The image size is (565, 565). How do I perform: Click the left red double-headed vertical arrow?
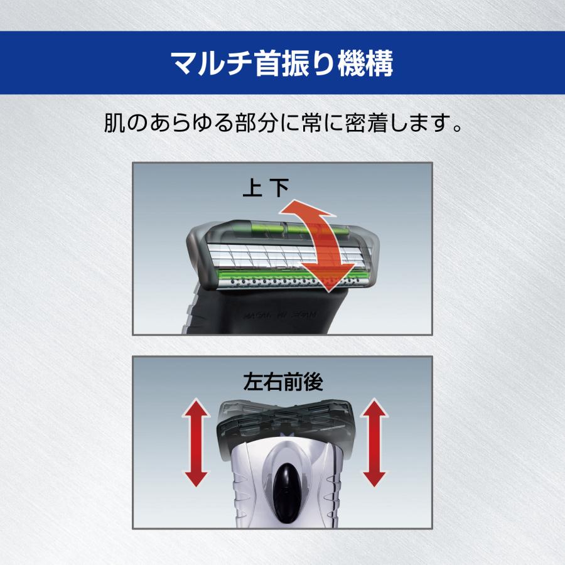196,443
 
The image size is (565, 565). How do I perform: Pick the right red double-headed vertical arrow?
374,443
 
